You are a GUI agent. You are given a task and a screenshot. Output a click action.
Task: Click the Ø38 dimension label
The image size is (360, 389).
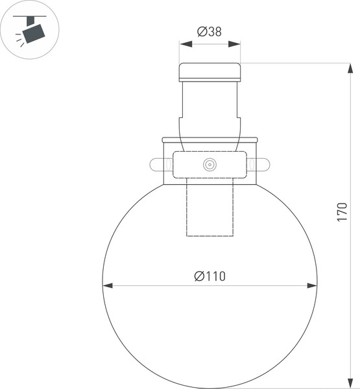[x=210, y=30]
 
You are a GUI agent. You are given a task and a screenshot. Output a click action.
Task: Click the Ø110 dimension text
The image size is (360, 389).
[x=210, y=276]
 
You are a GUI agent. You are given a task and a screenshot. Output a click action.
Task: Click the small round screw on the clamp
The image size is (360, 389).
[x=210, y=165]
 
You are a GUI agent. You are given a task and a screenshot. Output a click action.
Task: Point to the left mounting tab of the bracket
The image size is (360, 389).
[x=158, y=165]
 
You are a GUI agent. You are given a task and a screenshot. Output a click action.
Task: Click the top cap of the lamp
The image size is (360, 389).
[x=210, y=71]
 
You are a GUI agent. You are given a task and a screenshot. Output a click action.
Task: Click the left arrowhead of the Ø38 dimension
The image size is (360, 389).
[x=184, y=44]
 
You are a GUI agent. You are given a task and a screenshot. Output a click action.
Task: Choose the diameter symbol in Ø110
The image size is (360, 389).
[x=198, y=276]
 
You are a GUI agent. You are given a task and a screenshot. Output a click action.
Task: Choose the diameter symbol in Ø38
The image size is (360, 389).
[x=200, y=30]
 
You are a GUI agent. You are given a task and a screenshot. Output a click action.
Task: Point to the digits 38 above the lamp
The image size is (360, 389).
[x=215, y=30]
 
